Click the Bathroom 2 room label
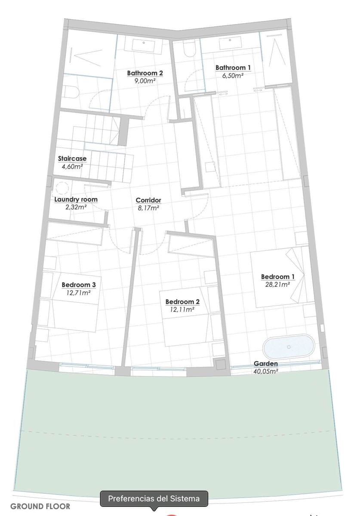tap(145, 73)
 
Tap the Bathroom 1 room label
tap(233, 68)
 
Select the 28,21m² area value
tap(278, 284)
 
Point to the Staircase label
tap(72, 159)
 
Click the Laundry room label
tap(76, 200)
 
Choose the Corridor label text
tap(148, 200)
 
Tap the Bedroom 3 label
tap(79, 285)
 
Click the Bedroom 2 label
tap(182, 302)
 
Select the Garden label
tap(265, 364)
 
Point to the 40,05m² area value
tap(265, 371)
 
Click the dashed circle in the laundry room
tap(62, 188)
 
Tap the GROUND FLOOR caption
tap(40, 507)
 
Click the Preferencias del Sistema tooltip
tap(154, 499)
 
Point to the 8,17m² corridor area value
tap(148, 208)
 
